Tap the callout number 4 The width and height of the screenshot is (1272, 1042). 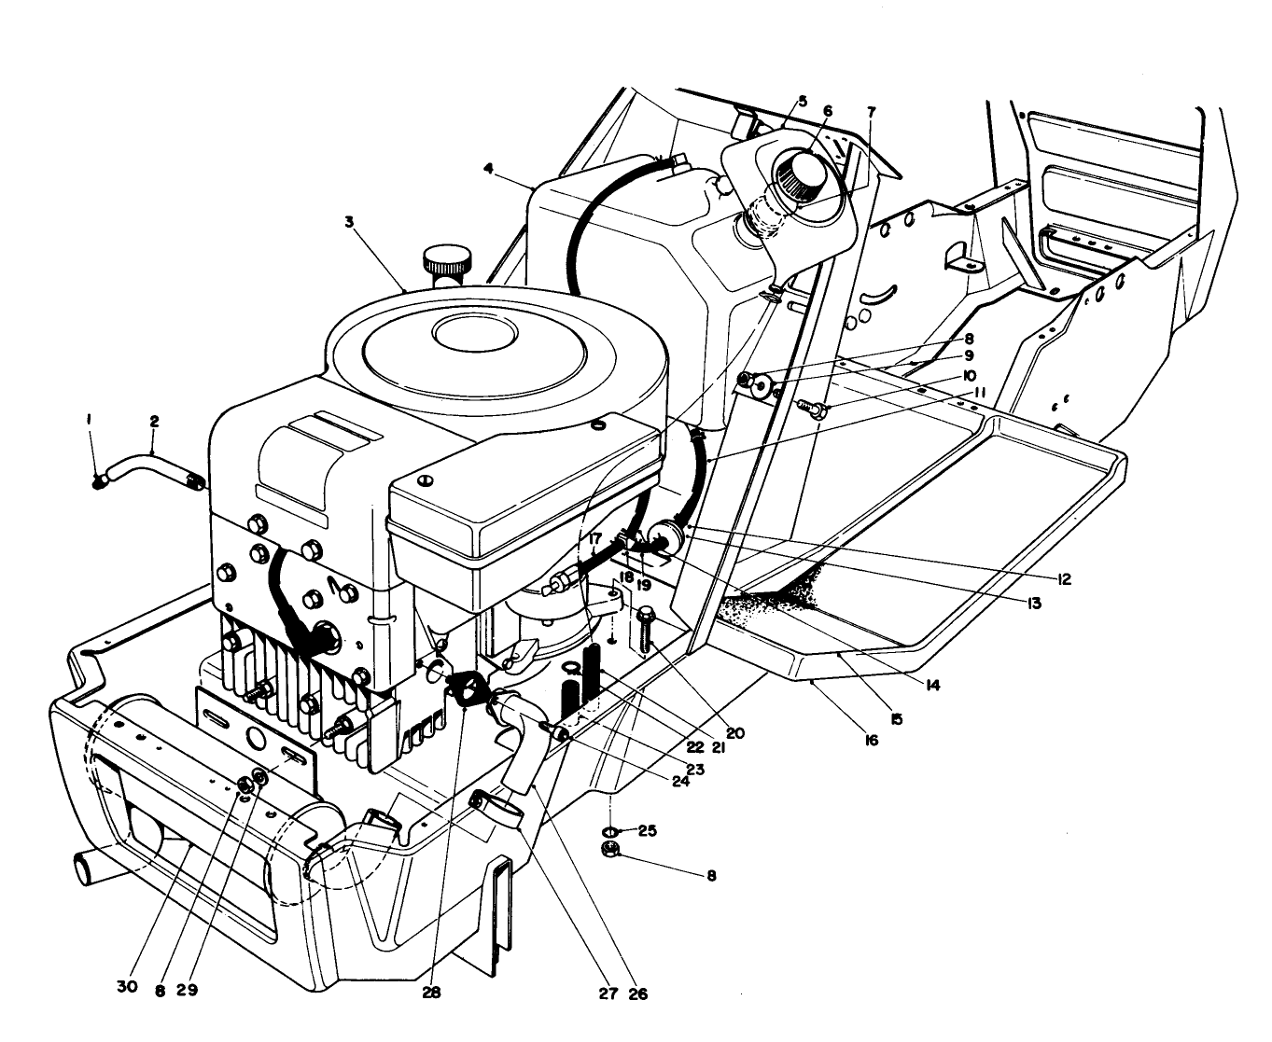point(488,169)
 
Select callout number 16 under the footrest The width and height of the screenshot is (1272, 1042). point(871,740)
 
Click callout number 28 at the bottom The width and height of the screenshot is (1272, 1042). point(430,993)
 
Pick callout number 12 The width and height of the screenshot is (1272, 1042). point(1063,579)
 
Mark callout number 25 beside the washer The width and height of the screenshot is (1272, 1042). point(647,829)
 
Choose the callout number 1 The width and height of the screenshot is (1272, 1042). point(90,421)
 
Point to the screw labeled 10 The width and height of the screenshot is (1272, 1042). point(812,408)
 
